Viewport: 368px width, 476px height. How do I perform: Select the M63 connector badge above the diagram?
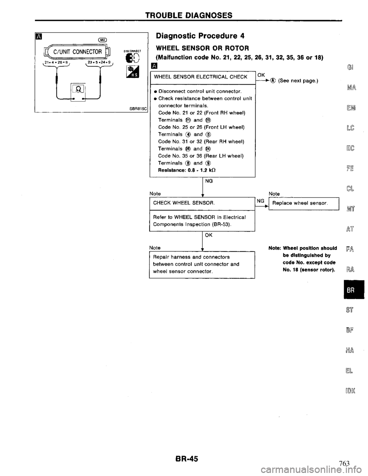click(x=103, y=39)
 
